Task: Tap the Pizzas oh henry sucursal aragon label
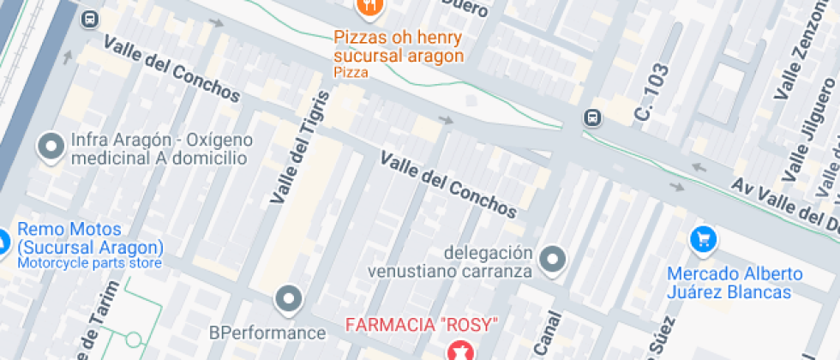[399, 47]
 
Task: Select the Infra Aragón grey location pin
[51, 147]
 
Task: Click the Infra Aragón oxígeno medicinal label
[161, 148]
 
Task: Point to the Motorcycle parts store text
[89, 263]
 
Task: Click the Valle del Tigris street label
[299, 147]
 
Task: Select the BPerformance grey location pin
[289, 299]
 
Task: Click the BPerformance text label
[267, 333]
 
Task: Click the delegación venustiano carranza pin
[554, 258]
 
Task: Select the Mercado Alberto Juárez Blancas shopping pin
[703, 238]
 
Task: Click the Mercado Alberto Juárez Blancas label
[735, 283]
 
